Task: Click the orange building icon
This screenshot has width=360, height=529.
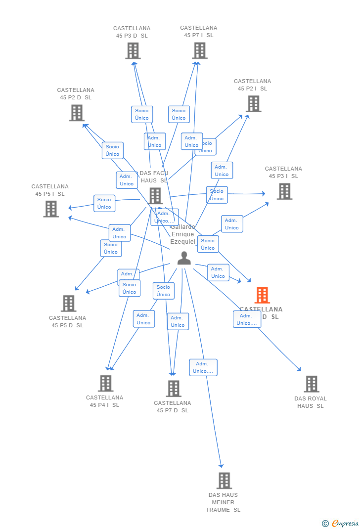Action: coord(262,295)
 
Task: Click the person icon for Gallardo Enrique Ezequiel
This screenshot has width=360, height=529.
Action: coord(184,258)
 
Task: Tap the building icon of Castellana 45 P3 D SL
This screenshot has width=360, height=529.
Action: coord(133,50)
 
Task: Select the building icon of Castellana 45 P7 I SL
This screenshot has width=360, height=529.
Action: coord(200,50)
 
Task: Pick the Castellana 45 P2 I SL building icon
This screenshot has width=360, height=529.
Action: coord(253,104)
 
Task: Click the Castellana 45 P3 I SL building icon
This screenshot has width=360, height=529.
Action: coord(284,191)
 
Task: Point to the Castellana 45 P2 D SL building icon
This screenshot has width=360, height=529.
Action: coord(77,113)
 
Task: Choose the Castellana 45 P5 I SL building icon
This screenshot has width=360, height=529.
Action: coord(51,209)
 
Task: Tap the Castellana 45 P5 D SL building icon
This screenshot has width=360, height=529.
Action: coord(68,303)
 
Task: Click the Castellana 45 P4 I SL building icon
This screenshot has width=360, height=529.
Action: coord(105,383)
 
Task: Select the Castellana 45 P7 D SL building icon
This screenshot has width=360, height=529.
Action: coord(173,389)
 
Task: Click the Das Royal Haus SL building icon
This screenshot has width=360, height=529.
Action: coord(311,384)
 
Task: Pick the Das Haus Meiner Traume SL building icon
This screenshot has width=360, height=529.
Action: coord(224,480)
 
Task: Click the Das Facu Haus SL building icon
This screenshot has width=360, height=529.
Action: coord(155,196)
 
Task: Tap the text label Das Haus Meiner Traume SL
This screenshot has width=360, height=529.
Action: coord(223,502)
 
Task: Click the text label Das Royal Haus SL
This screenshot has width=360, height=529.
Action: coord(310,402)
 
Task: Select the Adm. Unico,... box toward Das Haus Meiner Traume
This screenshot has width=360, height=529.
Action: coord(203,367)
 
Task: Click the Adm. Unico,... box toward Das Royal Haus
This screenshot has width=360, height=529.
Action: coord(247,319)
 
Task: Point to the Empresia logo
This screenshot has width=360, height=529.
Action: coord(341,523)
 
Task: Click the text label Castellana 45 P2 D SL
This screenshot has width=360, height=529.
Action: coord(76,94)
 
